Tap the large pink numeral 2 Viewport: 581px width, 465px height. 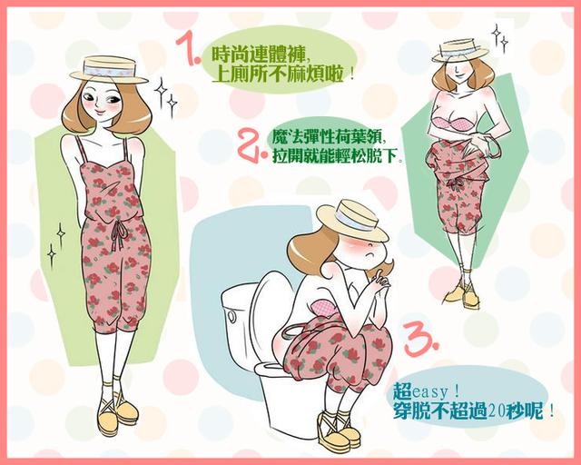pyautogui.click(x=248, y=144)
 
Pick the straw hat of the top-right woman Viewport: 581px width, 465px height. pyautogui.click(x=460, y=49)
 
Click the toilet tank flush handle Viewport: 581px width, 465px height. pyautogui.click(x=232, y=315)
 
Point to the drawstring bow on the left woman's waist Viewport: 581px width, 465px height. pyautogui.click(x=119, y=234)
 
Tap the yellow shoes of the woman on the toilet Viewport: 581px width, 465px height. pyautogui.click(x=339, y=432)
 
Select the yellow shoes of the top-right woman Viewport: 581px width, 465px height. pyautogui.click(x=462, y=294)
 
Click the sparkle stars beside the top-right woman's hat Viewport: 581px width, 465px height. pyautogui.click(x=499, y=38)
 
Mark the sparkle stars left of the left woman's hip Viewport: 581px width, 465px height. pyautogui.click(x=56, y=244)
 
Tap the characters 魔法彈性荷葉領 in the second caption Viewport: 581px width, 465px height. pyautogui.click(x=326, y=137)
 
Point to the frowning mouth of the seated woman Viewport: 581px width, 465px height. pyautogui.click(x=369, y=256)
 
